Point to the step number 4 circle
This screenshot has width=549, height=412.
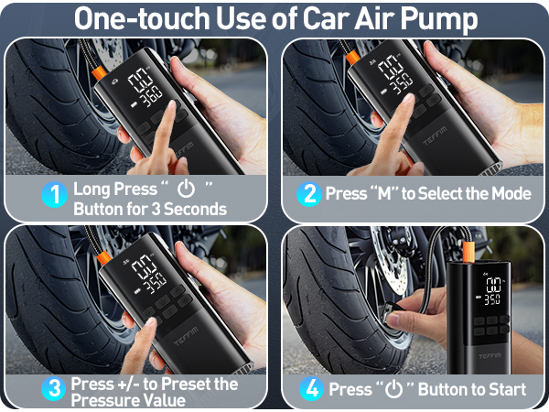point(312,388)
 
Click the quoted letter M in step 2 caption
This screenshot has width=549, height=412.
point(382,193)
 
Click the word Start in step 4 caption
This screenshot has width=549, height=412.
point(505,388)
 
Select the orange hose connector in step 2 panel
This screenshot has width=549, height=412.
point(352,57)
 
